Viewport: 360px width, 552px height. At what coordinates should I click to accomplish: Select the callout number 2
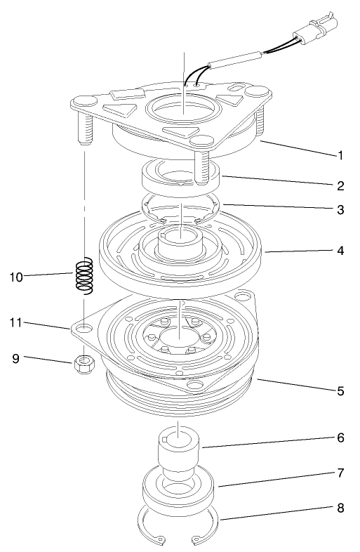[x=340, y=186]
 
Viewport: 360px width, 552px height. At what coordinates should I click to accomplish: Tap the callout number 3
[x=340, y=209]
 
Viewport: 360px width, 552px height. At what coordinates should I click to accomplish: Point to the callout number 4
[x=340, y=249]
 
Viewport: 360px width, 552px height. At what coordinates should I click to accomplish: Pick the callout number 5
[x=340, y=390]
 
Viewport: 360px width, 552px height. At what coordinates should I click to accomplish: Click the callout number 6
[x=340, y=437]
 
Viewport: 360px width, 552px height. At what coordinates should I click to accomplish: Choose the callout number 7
[x=340, y=473]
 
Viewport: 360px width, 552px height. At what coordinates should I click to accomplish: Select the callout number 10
[x=16, y=277]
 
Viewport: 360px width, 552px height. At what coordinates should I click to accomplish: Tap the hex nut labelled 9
[x=85, y=364]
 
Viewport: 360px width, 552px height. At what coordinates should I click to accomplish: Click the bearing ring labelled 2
[x=182, y=176]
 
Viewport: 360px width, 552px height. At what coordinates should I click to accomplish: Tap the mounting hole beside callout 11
[x=84, y=328]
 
